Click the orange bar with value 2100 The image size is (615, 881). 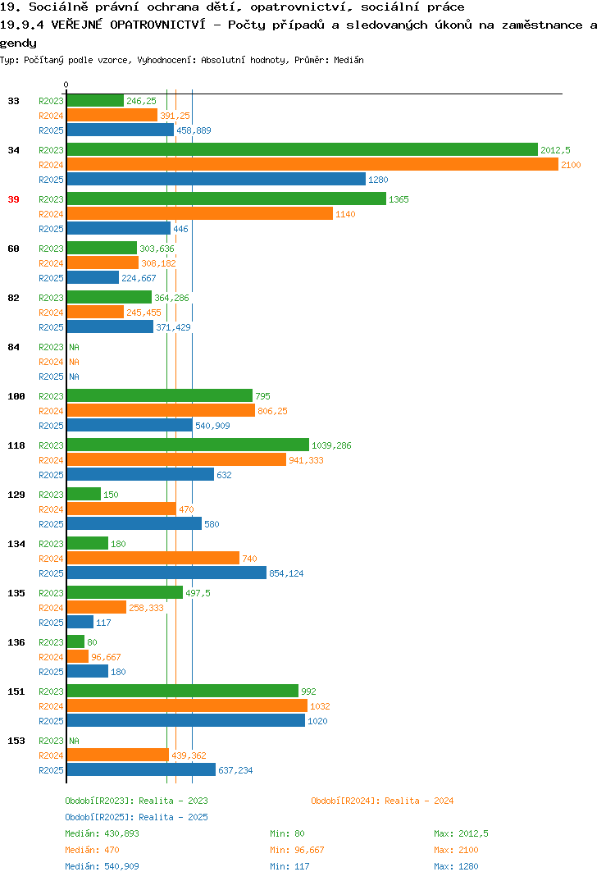pos(313,165)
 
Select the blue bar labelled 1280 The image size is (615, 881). pos(216,179)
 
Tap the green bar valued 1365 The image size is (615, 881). pos(227,199)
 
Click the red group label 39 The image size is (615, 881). pos(13,199)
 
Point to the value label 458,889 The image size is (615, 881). pos(194,130)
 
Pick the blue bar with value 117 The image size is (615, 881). pos(80,622)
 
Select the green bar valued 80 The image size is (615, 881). pos(75,641)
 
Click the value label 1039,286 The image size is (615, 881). pos(331,445)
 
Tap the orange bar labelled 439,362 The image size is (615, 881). pos(118,755)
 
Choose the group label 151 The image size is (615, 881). pos(16,692)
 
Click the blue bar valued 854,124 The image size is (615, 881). pos(166,573)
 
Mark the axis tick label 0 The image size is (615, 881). pos(66,84)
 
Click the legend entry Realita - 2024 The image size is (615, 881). pos(382,801)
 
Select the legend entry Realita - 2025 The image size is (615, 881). pos(136,817)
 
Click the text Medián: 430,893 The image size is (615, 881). pos(102,833)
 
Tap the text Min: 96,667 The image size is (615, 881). pos(297,850)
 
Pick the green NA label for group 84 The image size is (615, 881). pos(74,347)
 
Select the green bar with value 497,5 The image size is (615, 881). pos(125,592)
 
